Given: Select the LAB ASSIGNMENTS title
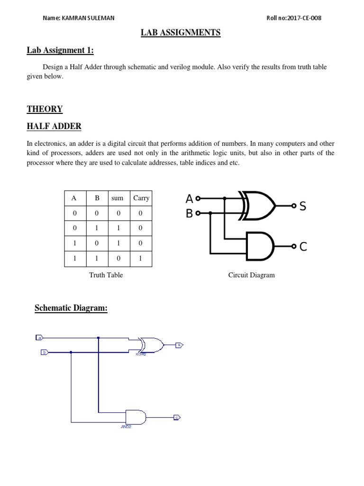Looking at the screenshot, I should (181, 33).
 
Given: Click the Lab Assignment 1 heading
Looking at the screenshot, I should (63, 50).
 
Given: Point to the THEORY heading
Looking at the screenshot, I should (45, 109).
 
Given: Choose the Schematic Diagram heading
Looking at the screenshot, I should (71, 308).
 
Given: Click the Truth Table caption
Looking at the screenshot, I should (106, 275).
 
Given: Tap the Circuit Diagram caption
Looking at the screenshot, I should (251, 275).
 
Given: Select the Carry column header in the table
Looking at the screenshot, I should (141, 198).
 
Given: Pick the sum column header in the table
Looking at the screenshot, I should (117, 198).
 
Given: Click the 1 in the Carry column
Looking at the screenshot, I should (141, 259).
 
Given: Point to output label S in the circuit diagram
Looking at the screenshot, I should (303, 206).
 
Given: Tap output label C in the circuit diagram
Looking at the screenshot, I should (303, 247).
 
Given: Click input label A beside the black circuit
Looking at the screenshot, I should (190, 199).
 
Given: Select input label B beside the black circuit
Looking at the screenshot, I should (190, 214).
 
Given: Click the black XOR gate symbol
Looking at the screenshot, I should (258, 206).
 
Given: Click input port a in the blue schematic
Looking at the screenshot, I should (40, 338).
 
